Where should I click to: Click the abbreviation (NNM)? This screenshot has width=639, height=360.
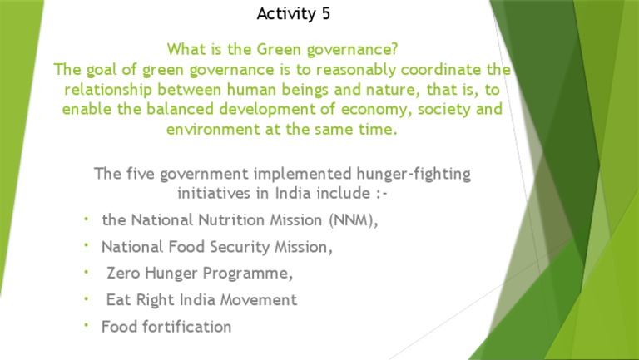pyautogui.click(x=345, y=220)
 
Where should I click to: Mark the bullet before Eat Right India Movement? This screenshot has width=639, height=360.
pyautogui.click(x=87, y=297)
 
